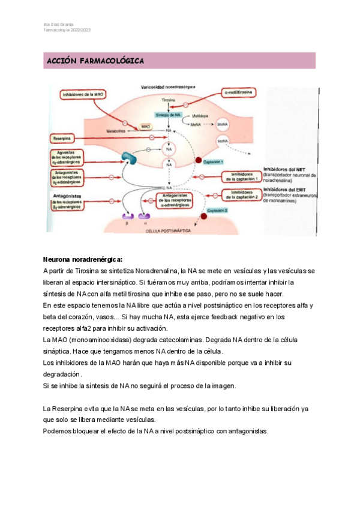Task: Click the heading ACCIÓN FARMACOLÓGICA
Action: tap(95, 61)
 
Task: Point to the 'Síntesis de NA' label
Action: tap(168, 114)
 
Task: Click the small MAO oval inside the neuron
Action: tap(145, 127)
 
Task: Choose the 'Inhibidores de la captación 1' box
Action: tap(240, 176)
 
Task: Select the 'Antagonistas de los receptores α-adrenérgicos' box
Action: tap(181, 199)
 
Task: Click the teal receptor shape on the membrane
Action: tap(130, 158)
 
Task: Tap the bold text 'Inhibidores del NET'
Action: tap(284, 169)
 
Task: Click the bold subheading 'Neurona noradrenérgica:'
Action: tap(82, 260)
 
